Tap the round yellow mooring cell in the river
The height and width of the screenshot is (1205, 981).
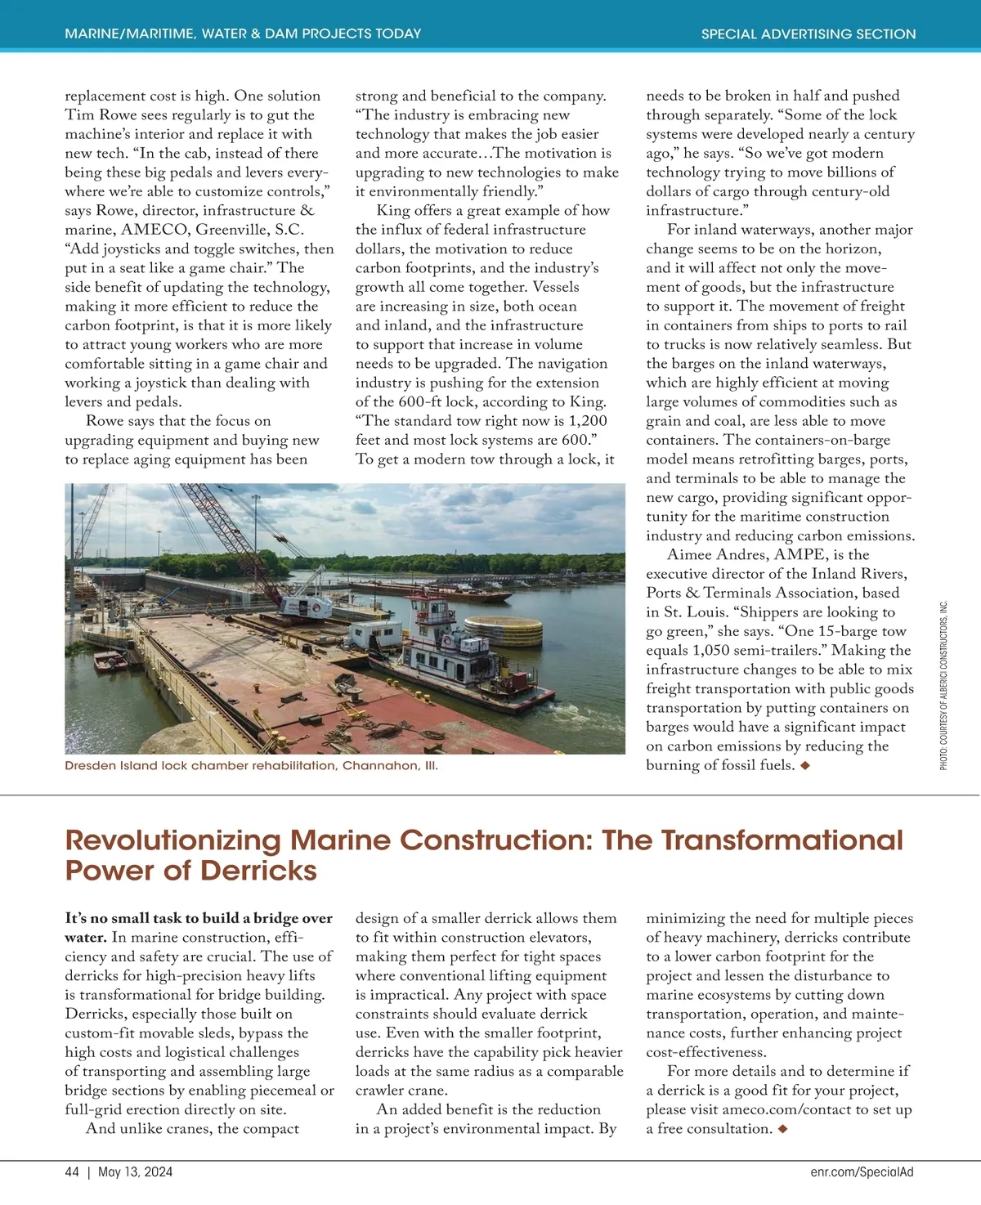504,631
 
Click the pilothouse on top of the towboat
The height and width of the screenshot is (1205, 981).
430,608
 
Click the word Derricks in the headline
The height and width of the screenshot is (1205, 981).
258,871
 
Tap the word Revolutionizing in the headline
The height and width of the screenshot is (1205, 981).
172,840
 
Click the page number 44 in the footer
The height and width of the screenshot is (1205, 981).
72,1171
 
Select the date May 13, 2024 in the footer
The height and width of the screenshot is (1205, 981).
135,1171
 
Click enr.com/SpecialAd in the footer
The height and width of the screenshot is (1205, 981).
862,1171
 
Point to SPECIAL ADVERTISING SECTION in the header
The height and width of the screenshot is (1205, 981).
808,34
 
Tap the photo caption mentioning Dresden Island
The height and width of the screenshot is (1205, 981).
251,766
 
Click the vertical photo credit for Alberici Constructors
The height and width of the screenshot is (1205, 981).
943,685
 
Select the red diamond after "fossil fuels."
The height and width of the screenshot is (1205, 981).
805,766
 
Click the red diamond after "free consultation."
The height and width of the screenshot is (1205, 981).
782,1129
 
